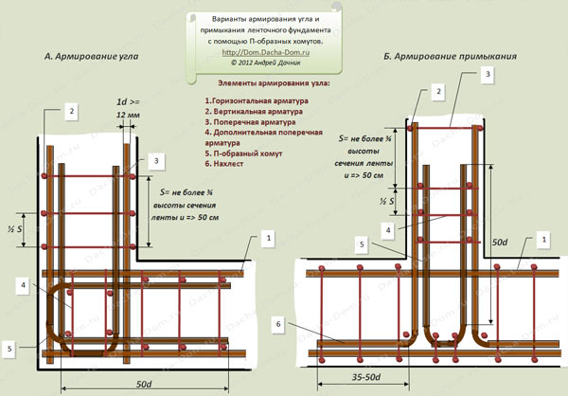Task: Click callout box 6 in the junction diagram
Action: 276,324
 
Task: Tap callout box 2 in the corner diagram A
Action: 70,111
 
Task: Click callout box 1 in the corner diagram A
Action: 269,235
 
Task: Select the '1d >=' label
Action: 128,100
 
